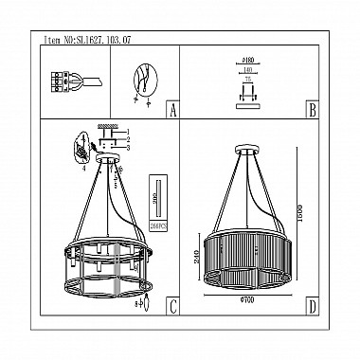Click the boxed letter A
171,109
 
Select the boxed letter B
312,109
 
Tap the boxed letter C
171,305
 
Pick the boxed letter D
312,305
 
